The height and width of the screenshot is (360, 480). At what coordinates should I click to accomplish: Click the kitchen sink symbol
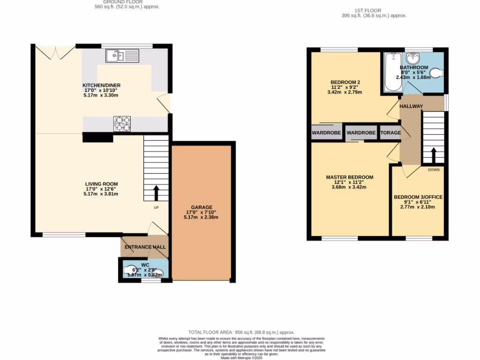[115, 56]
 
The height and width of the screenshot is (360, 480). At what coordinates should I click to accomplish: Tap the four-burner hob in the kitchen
[122, 124]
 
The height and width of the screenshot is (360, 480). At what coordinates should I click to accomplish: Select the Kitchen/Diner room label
[102, 85]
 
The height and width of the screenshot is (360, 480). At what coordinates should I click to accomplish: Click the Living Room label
[101, 184]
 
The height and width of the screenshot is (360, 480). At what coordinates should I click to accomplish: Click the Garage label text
[202, 207]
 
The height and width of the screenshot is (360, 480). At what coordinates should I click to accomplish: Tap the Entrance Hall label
[144, 247]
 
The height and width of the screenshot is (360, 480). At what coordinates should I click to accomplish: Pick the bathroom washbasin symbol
[412, 60]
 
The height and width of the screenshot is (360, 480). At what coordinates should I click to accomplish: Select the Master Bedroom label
[350, 177]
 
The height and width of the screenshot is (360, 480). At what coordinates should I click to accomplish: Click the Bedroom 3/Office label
[418, 197]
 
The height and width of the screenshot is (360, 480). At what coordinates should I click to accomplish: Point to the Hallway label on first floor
[411, 106]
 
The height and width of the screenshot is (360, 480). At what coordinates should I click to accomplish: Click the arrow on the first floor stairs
[433, 154]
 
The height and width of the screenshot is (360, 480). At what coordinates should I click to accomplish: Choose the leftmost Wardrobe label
[326, 133]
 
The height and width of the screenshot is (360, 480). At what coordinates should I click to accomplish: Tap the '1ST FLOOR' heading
[368, 10]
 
